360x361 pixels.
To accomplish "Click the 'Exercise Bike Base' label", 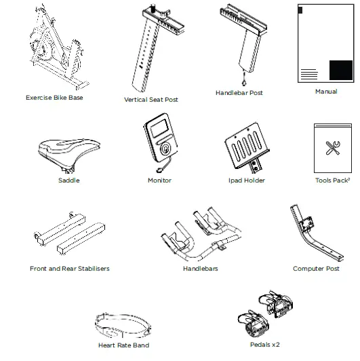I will (x=54, y=98).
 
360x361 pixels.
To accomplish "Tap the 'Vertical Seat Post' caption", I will (x=151, y=100).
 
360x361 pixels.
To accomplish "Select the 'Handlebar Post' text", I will (x=239, y=92).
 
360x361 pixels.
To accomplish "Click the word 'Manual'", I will (x=326, y=92).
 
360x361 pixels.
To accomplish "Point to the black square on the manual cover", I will (x=340, y=71).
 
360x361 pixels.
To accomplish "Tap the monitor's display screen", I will (x=160, y=130).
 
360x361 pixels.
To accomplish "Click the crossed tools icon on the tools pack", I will (x=332, y=148).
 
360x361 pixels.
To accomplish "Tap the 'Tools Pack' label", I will (x=332, y=180).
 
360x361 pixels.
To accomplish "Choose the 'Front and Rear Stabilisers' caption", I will (x=69, y=269).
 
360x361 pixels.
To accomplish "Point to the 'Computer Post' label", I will (x=316, y=269).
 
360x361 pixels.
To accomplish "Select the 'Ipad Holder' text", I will (x=246, y=180).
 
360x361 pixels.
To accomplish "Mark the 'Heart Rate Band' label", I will (x=123, y=345).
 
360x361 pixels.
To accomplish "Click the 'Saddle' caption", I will (x=68, y=180).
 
